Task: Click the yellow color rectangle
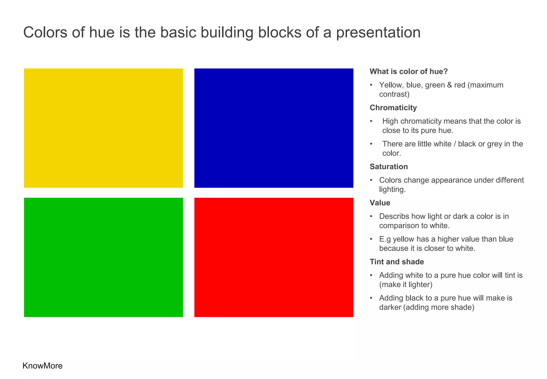tap(103, 128)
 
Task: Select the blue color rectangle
tap(274, 128)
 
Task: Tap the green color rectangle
tap(103, 257)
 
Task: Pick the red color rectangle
tap(274, 257)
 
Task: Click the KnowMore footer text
tap(42, 366)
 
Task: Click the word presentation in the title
tap(378, 33)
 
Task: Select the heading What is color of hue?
tap(408, 71)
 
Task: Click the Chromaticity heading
tap(393, 107)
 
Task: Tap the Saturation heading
tap(389, 167)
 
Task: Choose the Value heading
tap(380, 203)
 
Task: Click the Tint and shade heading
tap(397, 262)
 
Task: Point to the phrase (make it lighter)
tap(405, 284)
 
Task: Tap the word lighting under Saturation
tap(392, 189)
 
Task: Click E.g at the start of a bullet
tap(385, 239)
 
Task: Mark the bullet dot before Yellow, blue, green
tap(371, 85)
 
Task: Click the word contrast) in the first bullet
tap(394, 94)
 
